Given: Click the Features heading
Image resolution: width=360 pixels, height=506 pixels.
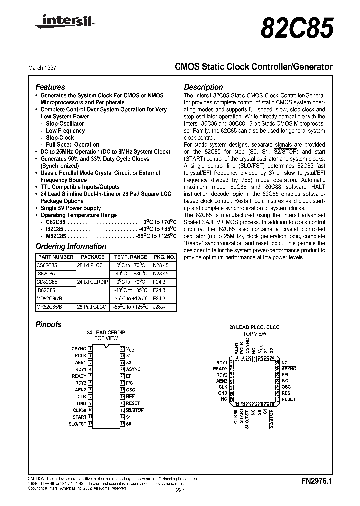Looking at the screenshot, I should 50,87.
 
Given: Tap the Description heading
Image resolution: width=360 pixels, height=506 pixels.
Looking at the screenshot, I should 203,87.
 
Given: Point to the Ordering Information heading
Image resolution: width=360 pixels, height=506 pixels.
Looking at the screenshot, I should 71,246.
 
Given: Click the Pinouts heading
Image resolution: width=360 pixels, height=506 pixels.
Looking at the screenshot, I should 48,324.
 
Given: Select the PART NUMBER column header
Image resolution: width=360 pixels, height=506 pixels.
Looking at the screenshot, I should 55,257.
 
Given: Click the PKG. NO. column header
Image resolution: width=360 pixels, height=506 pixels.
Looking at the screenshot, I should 164,257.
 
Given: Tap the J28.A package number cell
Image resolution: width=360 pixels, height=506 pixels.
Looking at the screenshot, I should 159,306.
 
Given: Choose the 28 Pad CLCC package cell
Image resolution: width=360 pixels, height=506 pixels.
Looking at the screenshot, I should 90,306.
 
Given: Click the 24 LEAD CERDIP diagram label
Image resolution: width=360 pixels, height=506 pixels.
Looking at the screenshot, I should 105,332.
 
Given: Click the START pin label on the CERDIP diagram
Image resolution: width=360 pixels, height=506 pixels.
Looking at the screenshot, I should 79,417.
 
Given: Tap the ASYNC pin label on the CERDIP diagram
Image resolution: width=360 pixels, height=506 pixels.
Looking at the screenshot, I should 133,369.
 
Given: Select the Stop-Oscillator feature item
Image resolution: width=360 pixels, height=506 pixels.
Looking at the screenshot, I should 65,123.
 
